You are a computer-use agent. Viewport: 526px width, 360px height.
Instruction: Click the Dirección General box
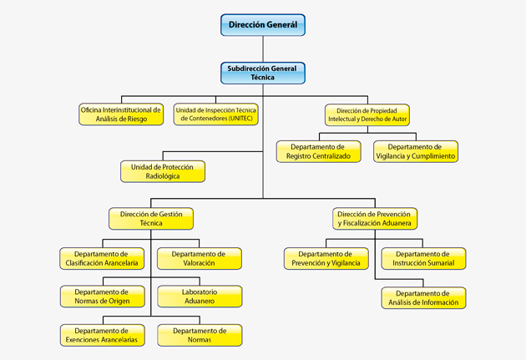coord(263,25)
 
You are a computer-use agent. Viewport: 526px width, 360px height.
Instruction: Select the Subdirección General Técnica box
coord(263,73)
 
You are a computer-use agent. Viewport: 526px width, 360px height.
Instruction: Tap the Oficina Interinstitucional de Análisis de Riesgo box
coord(121,114)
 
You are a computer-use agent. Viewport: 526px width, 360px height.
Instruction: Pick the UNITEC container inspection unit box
coord(215,114)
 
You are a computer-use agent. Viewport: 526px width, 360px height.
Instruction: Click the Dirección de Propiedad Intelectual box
coord(367,114)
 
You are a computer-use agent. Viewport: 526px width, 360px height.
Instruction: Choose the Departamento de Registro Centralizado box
coord(319,151)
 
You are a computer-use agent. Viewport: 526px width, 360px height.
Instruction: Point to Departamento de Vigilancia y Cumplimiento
coord(416,151)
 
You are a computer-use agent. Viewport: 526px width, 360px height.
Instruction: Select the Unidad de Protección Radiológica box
coord(163,171)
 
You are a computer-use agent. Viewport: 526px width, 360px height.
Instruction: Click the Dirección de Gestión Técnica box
coord(151,218)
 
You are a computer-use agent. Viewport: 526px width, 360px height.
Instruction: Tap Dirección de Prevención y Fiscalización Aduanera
coord(375,218)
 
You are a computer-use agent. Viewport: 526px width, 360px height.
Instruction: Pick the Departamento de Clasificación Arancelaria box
coord(102,258)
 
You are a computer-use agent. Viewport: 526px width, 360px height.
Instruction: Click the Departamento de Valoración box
coord(200,258)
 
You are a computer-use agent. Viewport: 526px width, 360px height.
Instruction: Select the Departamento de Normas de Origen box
coord(103,297)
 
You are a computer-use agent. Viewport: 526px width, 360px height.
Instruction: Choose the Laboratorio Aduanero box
coord(200,297)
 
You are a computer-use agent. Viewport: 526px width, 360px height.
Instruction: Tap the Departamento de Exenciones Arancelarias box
coord(103,335)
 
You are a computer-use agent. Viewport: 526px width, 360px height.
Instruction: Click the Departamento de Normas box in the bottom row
coord(200,335)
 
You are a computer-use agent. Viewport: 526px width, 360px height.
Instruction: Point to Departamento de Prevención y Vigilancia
coord(326,258)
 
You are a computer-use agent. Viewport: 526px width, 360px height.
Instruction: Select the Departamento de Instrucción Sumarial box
coord(423,258)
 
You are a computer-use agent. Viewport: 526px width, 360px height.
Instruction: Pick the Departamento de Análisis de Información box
coord(423,297)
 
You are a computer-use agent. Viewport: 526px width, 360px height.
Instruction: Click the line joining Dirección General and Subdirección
coord(263,49)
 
